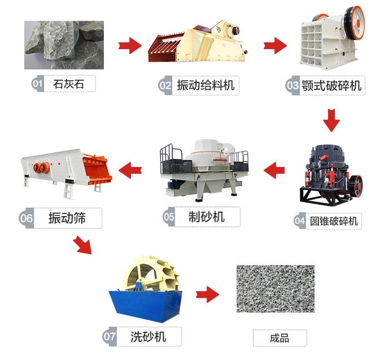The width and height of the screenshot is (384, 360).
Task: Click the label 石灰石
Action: (x=68, y=84)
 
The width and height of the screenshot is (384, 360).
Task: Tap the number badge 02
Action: (x=165, y=85)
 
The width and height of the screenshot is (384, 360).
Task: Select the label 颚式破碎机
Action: (x=331, y=86)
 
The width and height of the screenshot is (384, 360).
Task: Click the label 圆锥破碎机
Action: (x=334, y=221)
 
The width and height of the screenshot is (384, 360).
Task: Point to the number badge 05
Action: (x=169, y=217)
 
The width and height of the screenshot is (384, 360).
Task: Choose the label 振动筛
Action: (x=67, y=218)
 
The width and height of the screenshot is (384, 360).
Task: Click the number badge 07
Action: (x=110, y=336)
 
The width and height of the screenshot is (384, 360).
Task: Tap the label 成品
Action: (x=280, y=338)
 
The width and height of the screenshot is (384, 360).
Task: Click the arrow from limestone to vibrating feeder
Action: (x=130, y=46)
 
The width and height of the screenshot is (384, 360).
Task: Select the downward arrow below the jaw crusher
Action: (x=331, y=120)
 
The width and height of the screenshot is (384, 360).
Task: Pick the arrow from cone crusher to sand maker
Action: (x=274, y=170)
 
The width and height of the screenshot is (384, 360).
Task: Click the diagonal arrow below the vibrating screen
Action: (x=83, y=245)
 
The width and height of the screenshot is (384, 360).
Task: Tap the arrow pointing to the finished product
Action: (x=207, y=295)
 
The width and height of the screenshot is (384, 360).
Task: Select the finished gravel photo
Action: (x=276, y=289)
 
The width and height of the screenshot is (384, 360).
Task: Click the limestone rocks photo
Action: (x=64, y=45)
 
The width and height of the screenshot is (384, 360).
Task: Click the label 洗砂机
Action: (x=149, y=336)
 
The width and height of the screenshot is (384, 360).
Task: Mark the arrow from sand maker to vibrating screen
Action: (x=130, y=170)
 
